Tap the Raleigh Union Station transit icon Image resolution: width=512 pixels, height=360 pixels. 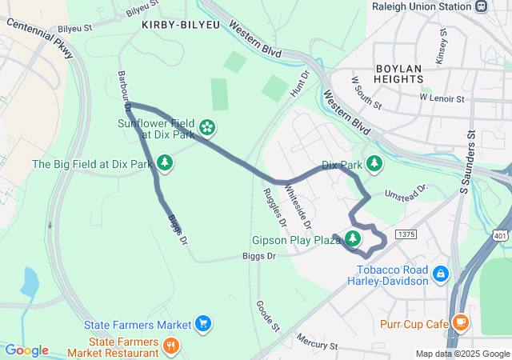(481, 6)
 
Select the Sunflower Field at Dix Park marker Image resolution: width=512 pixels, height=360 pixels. (207, 126)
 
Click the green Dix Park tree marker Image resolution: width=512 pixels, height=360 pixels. (374, 164)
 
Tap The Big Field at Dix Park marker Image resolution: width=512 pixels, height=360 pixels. (165, 164)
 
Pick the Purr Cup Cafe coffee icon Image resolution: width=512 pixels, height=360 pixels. (460, 322)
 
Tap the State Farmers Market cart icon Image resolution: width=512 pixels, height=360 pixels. (203, 324)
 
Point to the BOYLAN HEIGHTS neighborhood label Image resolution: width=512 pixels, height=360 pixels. (398, 74)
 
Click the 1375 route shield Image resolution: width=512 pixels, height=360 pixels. (406, 234)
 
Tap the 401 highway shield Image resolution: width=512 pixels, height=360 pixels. (500, 236)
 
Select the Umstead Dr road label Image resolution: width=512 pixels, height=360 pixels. (406, 190)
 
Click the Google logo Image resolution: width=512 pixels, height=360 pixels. (26, 350)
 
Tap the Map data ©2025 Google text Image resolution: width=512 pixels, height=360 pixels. (462, 354)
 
